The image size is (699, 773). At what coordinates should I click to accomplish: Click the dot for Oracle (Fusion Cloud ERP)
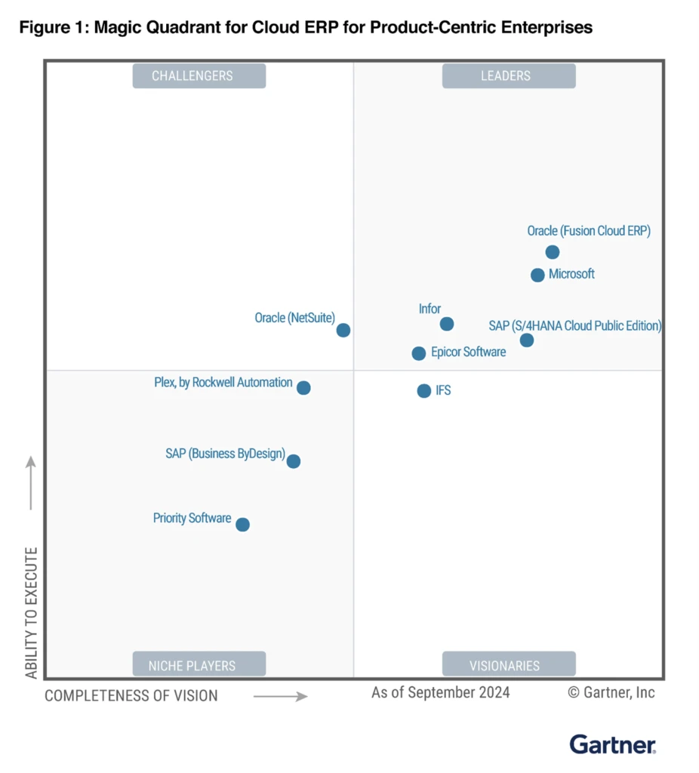pos(553,252)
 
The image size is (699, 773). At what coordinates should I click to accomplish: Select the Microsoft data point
pos(537,275)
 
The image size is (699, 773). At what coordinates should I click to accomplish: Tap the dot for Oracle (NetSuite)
pos(343,330)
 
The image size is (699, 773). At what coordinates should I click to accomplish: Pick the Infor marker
pos(447,324)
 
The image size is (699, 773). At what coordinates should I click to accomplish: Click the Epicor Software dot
pos(419,353)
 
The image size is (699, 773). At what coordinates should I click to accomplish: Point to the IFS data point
pos(424,391)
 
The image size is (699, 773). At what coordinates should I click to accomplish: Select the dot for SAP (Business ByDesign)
pos(294,461)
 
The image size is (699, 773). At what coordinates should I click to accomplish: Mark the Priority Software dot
pos(242,525)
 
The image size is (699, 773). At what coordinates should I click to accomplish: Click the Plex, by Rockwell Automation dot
pos(303,388)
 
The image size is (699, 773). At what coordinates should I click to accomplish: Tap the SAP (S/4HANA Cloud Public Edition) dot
pos(527,340)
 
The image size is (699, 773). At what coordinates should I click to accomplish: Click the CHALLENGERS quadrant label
pos(199,75)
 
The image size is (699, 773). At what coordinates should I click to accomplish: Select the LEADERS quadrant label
pos(509,75)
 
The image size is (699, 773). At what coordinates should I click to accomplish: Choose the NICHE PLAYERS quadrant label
pos(199,665)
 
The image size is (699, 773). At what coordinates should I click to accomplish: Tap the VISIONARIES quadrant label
pos(509,665)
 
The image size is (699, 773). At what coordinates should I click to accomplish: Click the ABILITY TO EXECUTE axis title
pos(32,612)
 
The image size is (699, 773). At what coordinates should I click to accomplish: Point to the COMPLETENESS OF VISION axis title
pos(131,696)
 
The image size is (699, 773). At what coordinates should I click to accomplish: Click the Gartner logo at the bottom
pos(612,744)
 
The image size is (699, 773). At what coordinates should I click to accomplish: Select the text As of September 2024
pos(440,692)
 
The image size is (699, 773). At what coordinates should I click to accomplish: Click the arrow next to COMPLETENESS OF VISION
pos(280,696)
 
